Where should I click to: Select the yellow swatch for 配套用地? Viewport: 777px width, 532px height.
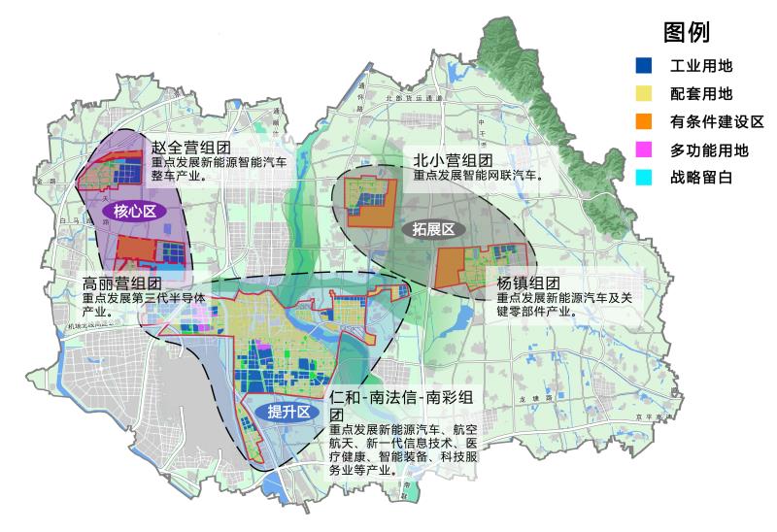click(643, 94)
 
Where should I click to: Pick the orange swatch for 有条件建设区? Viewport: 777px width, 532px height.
click(643, 122)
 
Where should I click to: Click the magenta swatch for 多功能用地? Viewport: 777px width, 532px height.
click(643, 150)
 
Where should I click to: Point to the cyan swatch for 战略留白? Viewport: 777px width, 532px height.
click(643, 179)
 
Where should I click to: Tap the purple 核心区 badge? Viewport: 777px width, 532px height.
click(135, 211)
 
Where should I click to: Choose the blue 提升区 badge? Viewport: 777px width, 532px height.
click(288, 412)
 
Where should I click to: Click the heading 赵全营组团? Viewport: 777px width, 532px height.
click(190, 148)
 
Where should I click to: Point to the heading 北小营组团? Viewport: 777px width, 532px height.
click(454, 160)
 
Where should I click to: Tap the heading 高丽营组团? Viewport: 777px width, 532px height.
click(122, 284)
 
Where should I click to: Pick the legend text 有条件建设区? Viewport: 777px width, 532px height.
click(717, 122)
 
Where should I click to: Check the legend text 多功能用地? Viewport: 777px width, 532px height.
click(709, 150)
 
